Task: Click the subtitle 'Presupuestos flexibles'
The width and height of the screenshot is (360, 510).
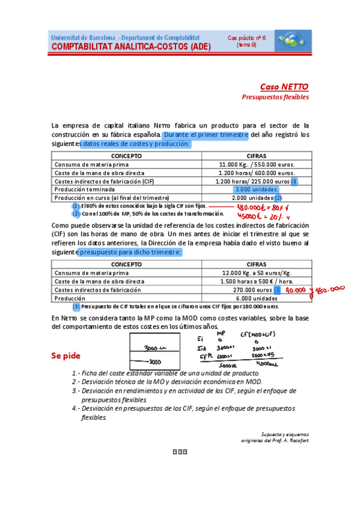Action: pyautogui.click(x=275, y=96)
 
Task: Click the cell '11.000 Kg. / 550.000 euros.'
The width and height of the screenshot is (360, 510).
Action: pyautogui.click(x=257, y=164)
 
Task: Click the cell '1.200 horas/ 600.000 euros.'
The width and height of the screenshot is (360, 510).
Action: pyautogui.click(x=257, y=173)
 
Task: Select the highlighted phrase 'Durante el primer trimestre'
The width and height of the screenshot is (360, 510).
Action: pyautogui.click(x=206, y=135)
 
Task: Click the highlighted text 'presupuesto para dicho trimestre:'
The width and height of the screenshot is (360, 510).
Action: pyautogui.click(x=130, y=253)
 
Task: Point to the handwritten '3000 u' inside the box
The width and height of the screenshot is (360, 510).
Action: pyautogui.click(x=154, y=348)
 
